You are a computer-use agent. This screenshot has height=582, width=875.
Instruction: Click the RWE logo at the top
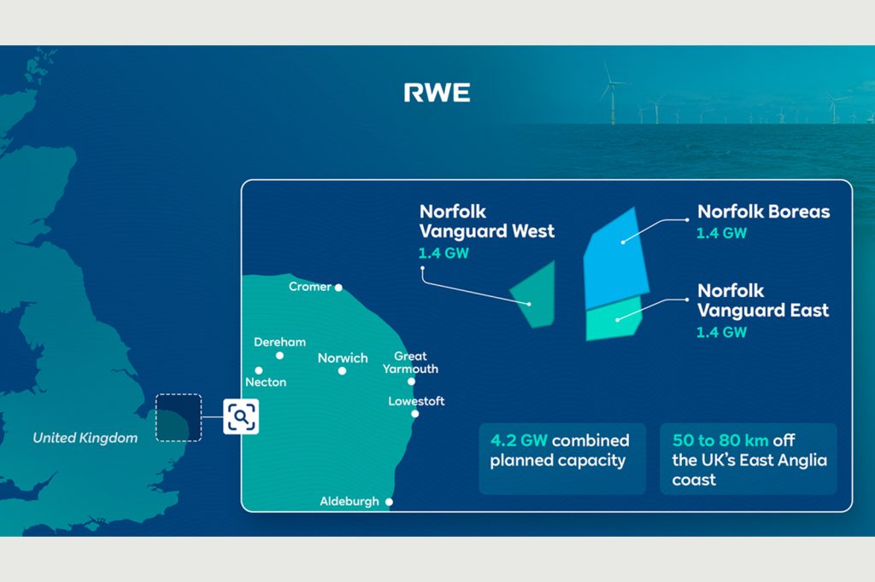437,92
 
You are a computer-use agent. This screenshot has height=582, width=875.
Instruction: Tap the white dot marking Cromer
338,288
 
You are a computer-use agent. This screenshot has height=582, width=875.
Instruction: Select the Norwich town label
343,358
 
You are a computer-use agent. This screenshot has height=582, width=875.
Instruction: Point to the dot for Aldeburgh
389,502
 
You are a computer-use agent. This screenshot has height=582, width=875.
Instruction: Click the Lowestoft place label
416,401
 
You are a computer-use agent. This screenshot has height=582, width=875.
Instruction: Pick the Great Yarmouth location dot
411,381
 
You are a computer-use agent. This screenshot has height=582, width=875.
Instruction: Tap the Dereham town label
279,341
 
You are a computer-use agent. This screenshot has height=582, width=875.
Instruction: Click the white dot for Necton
258,370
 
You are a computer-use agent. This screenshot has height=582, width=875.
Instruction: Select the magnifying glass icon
241,416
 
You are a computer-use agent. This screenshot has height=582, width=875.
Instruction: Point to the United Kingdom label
85,438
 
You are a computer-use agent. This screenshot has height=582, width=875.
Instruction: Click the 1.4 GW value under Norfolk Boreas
721,233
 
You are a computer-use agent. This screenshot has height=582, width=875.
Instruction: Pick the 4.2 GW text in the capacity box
519,440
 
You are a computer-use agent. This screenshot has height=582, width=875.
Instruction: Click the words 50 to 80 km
720,440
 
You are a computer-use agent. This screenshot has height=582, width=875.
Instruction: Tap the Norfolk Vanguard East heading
763,300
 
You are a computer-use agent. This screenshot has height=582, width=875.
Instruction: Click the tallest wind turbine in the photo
612,93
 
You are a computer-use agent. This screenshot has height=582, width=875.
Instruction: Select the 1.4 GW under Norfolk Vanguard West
443,253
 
